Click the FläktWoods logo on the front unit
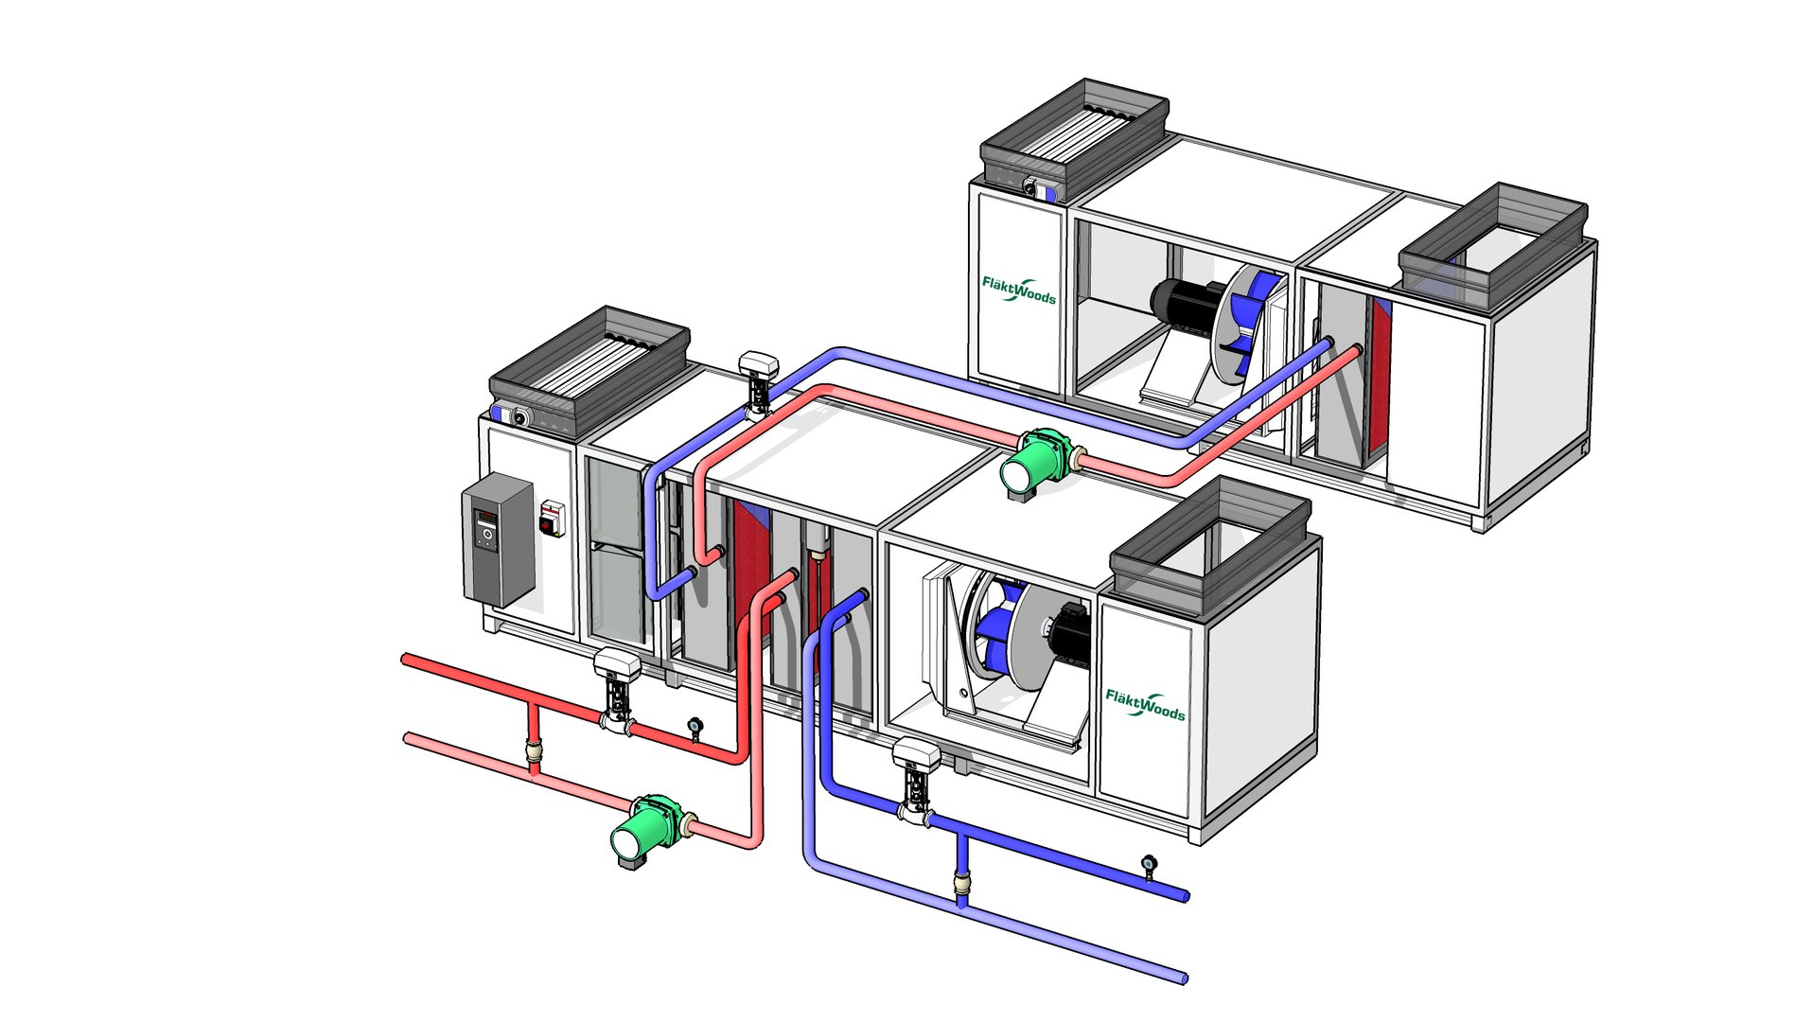coord(1145,705)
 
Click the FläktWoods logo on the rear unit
coord(1018,290)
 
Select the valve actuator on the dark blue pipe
coord(916,772)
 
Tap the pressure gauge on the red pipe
coord(695,727)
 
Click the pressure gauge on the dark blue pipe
coord(1150,864)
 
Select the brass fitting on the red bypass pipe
coord(535,754)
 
